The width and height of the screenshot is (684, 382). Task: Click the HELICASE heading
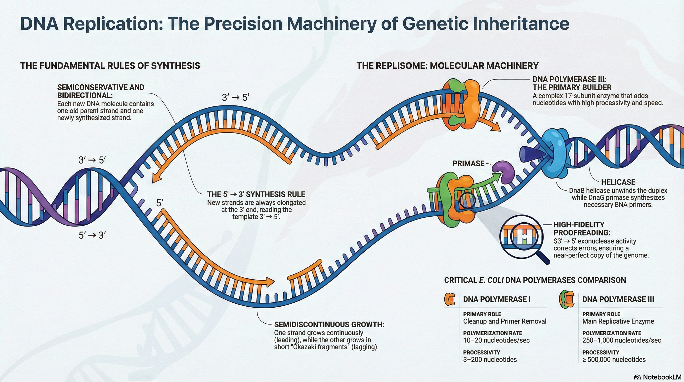tap(618, 182)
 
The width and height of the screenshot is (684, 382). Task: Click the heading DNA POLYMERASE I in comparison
tap(497, 299)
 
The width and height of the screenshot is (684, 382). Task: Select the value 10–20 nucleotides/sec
tap(496, 340)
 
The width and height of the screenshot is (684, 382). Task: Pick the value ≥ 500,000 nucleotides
tap(614, 359)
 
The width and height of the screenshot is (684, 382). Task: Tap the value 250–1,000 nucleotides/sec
tap(622, 340)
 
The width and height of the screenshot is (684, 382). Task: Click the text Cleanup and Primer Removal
tap(505, 321)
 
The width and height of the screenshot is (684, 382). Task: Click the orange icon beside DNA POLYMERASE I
tap(450, 299)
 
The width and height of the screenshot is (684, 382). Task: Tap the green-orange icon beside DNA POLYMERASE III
tap(566, 299)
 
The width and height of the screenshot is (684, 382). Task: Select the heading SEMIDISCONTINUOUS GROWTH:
tap(329, 324)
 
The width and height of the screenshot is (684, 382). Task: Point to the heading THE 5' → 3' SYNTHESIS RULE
tap(256, 194)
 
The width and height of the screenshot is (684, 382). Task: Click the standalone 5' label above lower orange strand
tap(159, 203)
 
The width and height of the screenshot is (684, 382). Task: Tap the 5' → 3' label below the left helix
tap(92, 235)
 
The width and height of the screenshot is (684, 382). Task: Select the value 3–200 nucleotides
tap(490, 359)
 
